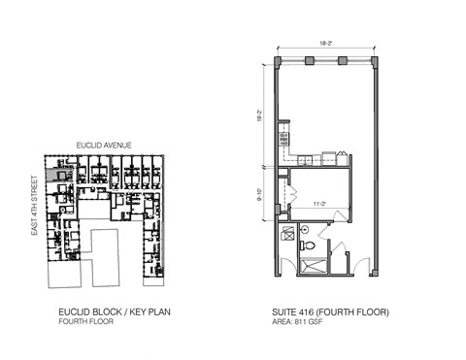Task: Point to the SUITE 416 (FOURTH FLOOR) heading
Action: [330, 312]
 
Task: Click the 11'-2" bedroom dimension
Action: [319, 204]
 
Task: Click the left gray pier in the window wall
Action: [309, 61]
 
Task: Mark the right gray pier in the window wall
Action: [343, 61]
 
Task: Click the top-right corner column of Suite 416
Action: [375, 61]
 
